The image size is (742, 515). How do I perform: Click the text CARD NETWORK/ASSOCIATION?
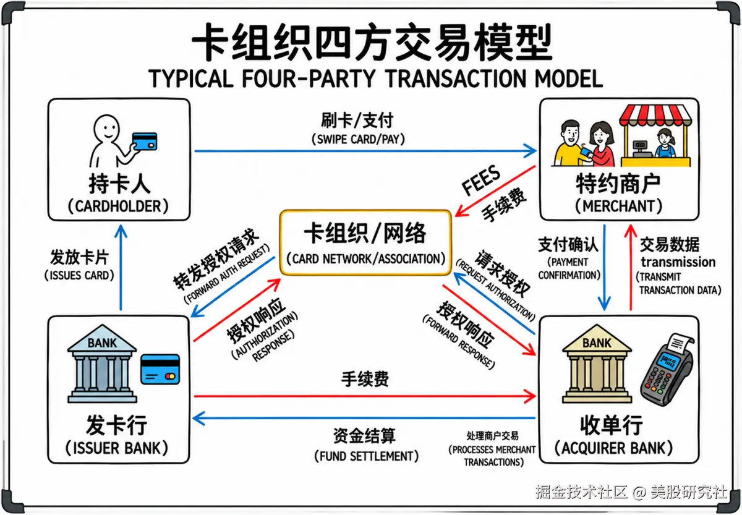tap(365, 258)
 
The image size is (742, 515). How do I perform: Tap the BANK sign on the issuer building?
tap(102, 343)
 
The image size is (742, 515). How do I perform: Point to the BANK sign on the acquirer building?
tap(596, 343)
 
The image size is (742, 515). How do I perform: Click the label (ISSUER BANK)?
tap(117, 448)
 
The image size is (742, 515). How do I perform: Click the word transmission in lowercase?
tap(678, 262)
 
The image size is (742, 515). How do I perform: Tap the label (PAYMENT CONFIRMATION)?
tap(569, 268)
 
